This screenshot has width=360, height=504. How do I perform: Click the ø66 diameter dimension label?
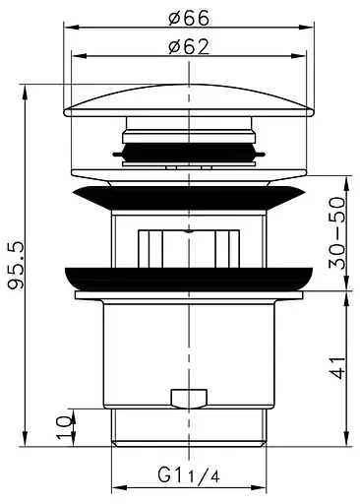189,18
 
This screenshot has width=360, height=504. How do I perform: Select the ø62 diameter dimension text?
189,47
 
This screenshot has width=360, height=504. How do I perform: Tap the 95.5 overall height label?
16,265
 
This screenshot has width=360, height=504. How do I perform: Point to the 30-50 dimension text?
337,233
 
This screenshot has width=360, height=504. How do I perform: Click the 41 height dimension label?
337,367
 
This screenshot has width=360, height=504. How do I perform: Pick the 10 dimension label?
64,427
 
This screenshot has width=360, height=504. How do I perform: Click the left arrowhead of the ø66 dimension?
71,28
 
